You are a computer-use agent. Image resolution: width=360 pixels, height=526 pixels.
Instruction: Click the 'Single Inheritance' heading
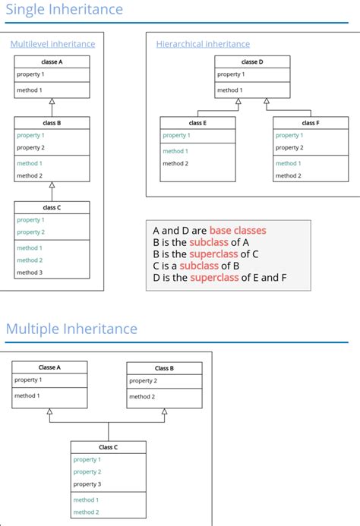64,10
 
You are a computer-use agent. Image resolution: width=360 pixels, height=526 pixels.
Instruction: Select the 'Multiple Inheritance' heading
71,329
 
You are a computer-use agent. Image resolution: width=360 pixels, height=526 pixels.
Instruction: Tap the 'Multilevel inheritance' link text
52,44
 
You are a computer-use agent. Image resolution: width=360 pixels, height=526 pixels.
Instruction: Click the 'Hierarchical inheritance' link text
203,44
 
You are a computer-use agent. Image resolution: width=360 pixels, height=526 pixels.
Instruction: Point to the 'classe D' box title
251,61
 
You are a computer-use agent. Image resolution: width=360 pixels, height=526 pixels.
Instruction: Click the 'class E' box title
197,122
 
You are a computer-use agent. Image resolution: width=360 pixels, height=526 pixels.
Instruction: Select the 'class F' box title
310,122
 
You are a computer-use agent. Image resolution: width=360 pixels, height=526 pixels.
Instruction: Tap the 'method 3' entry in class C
30,272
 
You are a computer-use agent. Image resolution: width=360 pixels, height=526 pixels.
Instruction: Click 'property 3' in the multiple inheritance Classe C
87,484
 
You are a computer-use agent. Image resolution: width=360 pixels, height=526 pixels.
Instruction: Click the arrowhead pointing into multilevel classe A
52,102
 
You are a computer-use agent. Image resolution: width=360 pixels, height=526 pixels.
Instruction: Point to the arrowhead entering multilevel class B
52,185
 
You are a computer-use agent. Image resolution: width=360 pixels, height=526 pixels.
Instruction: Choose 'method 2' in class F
289,175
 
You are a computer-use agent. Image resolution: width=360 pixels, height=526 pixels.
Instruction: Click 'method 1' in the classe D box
230,90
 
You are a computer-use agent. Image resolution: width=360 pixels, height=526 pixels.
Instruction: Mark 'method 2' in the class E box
175,163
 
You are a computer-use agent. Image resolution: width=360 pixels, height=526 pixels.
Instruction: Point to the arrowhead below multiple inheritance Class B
164,412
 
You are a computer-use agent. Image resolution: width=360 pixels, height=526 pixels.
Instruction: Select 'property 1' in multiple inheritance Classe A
28,380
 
